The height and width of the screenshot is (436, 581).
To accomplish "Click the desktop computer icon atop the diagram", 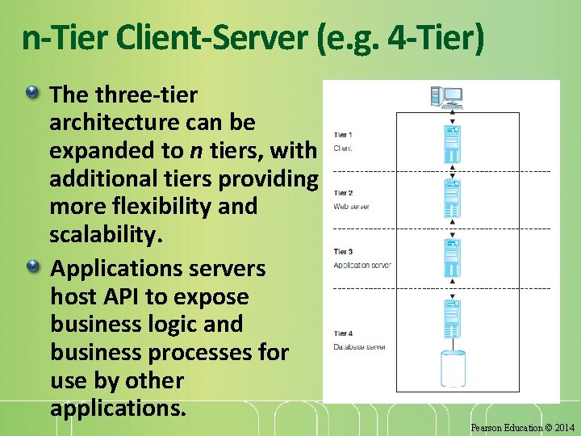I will (446, 97).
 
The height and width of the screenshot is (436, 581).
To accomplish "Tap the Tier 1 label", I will (343, 135).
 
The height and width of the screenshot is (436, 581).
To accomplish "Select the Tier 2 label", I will (343, 193).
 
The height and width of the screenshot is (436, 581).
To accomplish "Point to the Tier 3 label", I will (343, 252).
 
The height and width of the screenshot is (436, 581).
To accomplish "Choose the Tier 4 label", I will (343, 333).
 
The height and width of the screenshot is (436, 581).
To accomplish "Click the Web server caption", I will (352, 207).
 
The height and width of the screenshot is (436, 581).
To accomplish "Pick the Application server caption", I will (362, 266).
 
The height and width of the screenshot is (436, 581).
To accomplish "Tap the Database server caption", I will (360, 347).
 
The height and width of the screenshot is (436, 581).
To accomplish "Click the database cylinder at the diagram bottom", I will (453, 367).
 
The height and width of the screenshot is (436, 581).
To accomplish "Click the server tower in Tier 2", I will (453, 197).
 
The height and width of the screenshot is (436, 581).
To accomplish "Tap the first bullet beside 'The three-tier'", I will (31, 94).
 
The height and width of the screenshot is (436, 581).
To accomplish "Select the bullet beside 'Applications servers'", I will (31, 266).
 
